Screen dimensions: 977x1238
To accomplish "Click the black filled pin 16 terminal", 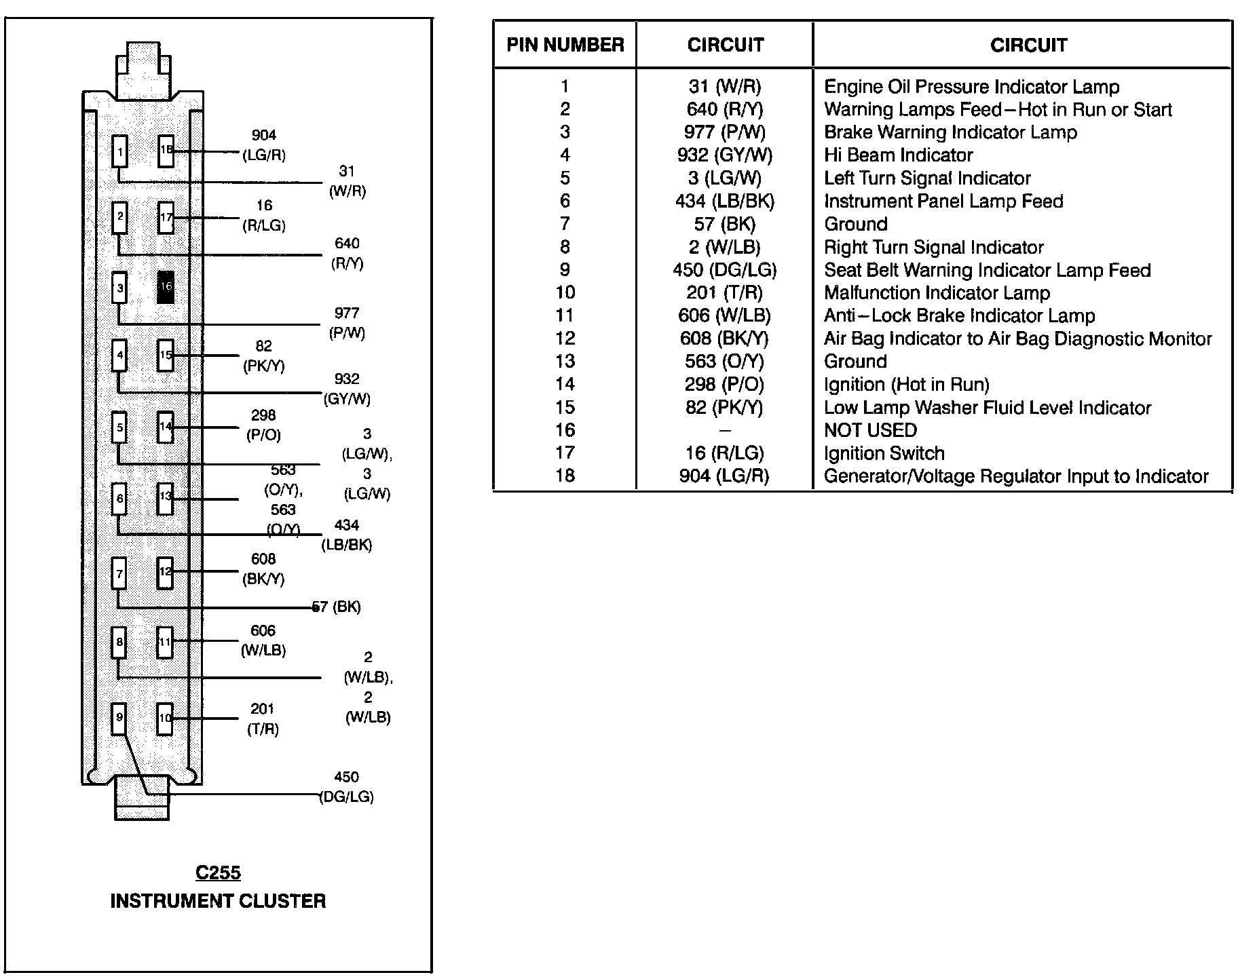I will (166, 286).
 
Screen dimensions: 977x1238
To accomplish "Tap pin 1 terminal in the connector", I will (119, 151).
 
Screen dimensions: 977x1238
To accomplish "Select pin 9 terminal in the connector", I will (119, 718).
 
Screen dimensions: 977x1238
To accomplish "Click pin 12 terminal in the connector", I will (166, 572).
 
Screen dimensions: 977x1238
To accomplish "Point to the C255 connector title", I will (218, 873).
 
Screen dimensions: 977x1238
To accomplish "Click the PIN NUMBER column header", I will (565, 45).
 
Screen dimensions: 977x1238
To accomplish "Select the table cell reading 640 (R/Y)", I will (724, 109).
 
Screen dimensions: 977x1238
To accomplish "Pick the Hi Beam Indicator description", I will (898, 155).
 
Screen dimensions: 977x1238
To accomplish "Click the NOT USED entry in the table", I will (870, 430).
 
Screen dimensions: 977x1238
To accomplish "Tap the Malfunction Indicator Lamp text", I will (937, 293).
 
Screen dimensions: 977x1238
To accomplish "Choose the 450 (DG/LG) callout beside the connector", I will (346, 787).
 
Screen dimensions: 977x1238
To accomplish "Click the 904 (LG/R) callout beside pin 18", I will (264, 145).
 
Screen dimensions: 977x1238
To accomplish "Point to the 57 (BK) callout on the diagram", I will (337, 607).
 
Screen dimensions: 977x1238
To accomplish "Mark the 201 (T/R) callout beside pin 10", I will (263, 719).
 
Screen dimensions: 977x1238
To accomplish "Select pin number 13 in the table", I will (565, 362).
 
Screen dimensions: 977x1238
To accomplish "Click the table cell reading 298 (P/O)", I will (724, 385).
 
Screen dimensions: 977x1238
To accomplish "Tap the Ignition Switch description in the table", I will (884, 453).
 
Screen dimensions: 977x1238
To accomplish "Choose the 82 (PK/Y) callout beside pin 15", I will (263, 356).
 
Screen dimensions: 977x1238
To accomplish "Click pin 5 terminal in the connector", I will (119, 428).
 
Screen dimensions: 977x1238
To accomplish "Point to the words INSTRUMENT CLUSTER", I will (218, 901).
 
